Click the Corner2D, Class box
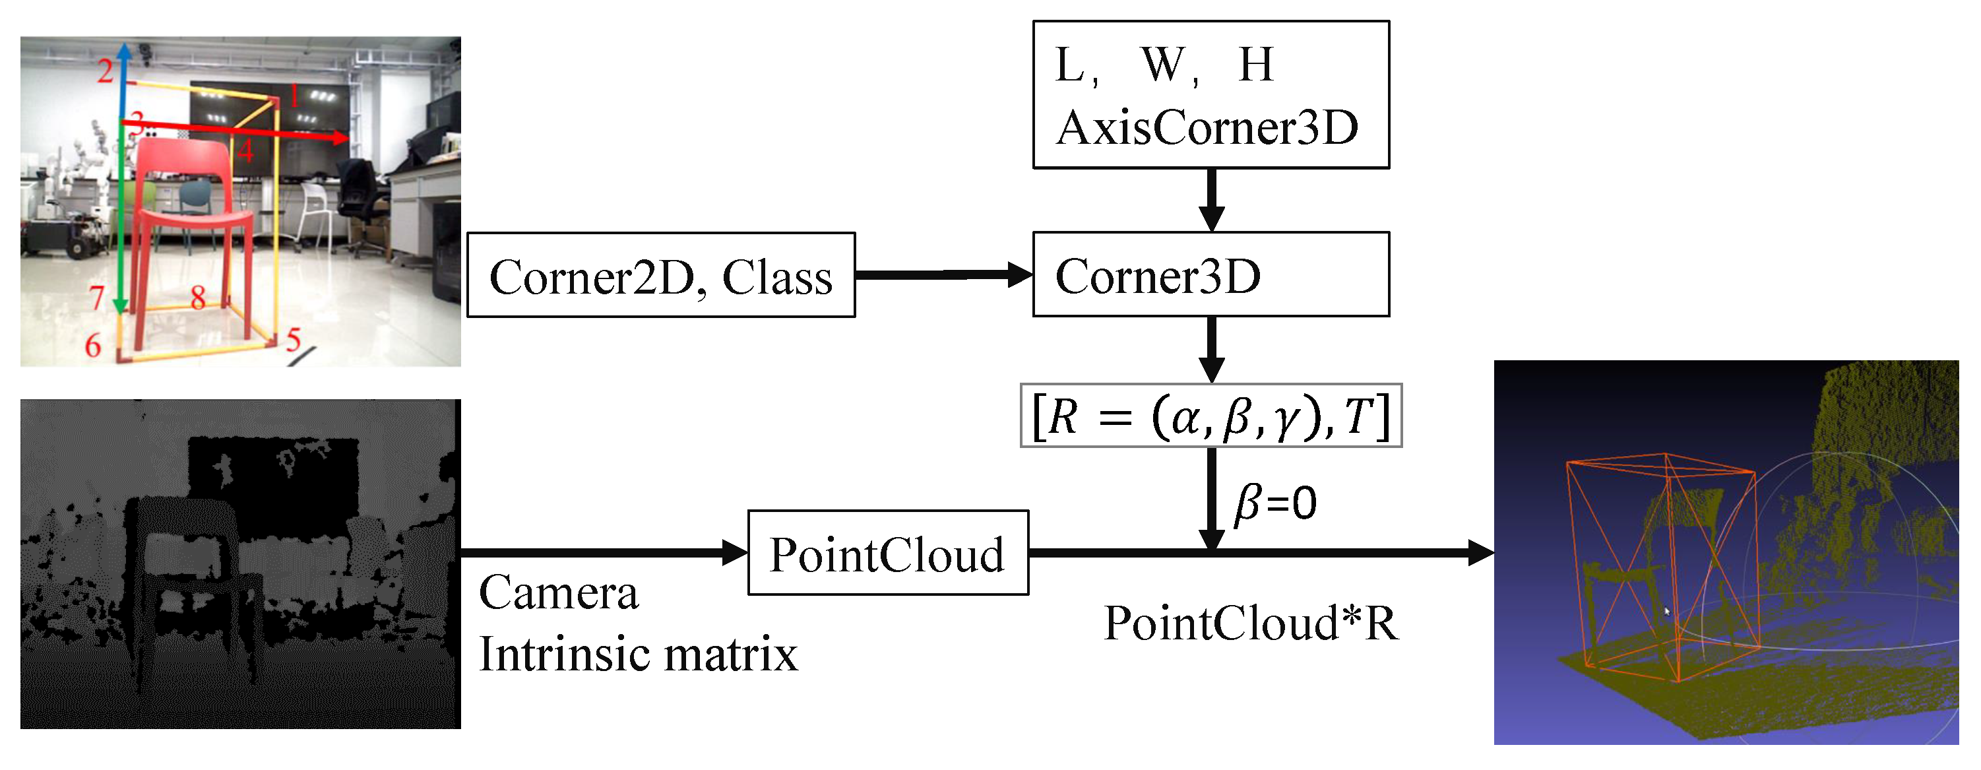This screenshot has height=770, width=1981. (x=660, y=275)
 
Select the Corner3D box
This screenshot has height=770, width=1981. (x=1211, y=274)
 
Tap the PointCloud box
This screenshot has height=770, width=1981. (x=887, y=553)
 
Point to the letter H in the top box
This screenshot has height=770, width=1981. (x=1256, y=65)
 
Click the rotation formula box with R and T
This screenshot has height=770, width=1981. (x=1211, y=416)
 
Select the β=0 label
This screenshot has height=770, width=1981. (x=1275, y=504)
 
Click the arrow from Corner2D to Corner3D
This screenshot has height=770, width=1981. (x=943, y=274)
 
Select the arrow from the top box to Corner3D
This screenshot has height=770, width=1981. (x=1211, y=199)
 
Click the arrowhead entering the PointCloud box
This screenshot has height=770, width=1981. (x=734, y=552)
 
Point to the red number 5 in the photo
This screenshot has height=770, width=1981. (x=294, y=339)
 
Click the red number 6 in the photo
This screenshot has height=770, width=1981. (x=93, y=345)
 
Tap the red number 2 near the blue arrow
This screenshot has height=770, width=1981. (x=106, y=71)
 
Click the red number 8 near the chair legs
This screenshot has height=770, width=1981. (x=198, y=297)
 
